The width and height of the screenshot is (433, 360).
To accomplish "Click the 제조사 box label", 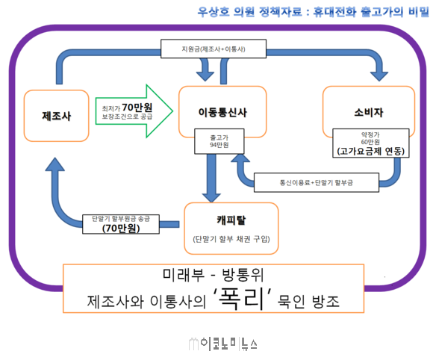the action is [56, 116].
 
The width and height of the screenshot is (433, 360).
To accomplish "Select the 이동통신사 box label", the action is [222, 112].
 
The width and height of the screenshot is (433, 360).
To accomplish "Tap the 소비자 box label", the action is [369, 112].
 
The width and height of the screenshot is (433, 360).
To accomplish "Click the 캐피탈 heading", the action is [231, 220].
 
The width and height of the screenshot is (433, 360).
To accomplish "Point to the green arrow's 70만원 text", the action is [137, 107].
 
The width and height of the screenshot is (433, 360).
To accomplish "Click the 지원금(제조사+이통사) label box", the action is [214, 49].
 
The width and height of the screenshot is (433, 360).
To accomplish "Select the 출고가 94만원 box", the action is [219, 141].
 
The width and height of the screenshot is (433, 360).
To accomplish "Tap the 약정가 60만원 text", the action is [370, 138].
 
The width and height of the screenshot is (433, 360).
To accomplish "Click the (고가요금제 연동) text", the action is [370, 151].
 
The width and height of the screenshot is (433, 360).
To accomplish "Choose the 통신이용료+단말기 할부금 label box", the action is [317, 183].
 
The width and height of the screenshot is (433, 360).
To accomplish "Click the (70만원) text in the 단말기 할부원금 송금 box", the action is [121, 229].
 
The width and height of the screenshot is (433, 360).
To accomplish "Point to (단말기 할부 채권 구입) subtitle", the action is [231, 239].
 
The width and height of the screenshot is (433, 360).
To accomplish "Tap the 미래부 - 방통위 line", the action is [214, 275].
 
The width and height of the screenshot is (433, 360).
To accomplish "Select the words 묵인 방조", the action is [308, 301].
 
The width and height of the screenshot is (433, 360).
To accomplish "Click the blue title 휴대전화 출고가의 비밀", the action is [371, 12].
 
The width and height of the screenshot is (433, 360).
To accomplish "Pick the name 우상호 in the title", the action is [214, 12].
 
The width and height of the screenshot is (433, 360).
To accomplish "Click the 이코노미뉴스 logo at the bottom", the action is [223, 344].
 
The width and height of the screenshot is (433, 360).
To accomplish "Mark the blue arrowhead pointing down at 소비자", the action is [379, 76].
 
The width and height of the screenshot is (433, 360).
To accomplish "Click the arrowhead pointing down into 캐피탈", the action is [211, 198].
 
